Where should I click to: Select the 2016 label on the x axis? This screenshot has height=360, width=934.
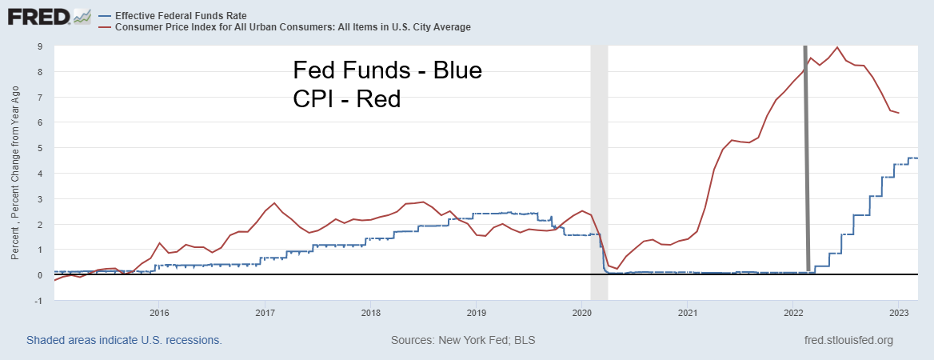pyautogui.click(x=158, y=312)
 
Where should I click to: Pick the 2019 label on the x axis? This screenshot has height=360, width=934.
pyautogui.click(x=476, y=312)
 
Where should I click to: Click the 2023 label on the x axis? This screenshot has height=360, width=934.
pyautogui.click(x=897, y=312)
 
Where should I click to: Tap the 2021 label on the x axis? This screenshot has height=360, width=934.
pyautogui.click(x=687, y=312)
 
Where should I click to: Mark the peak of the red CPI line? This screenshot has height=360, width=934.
pyautogui.click(x=836, y=47)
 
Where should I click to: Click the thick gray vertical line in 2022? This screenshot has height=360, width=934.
pyautogui.click(x=806, y=160)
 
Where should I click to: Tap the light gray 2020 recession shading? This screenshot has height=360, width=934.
pyautogui.click(x=598, y=160)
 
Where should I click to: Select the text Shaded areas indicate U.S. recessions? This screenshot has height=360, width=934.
pyautogui.click(x=124, y=340)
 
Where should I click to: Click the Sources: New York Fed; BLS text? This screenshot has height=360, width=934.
pyautogui.click(x=463, y=340)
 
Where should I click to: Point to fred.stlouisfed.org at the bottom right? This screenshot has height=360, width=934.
pyautogui.click(x=850, y=340)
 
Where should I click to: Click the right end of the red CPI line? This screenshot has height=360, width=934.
pyautogui.click(x=899, y=113)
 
